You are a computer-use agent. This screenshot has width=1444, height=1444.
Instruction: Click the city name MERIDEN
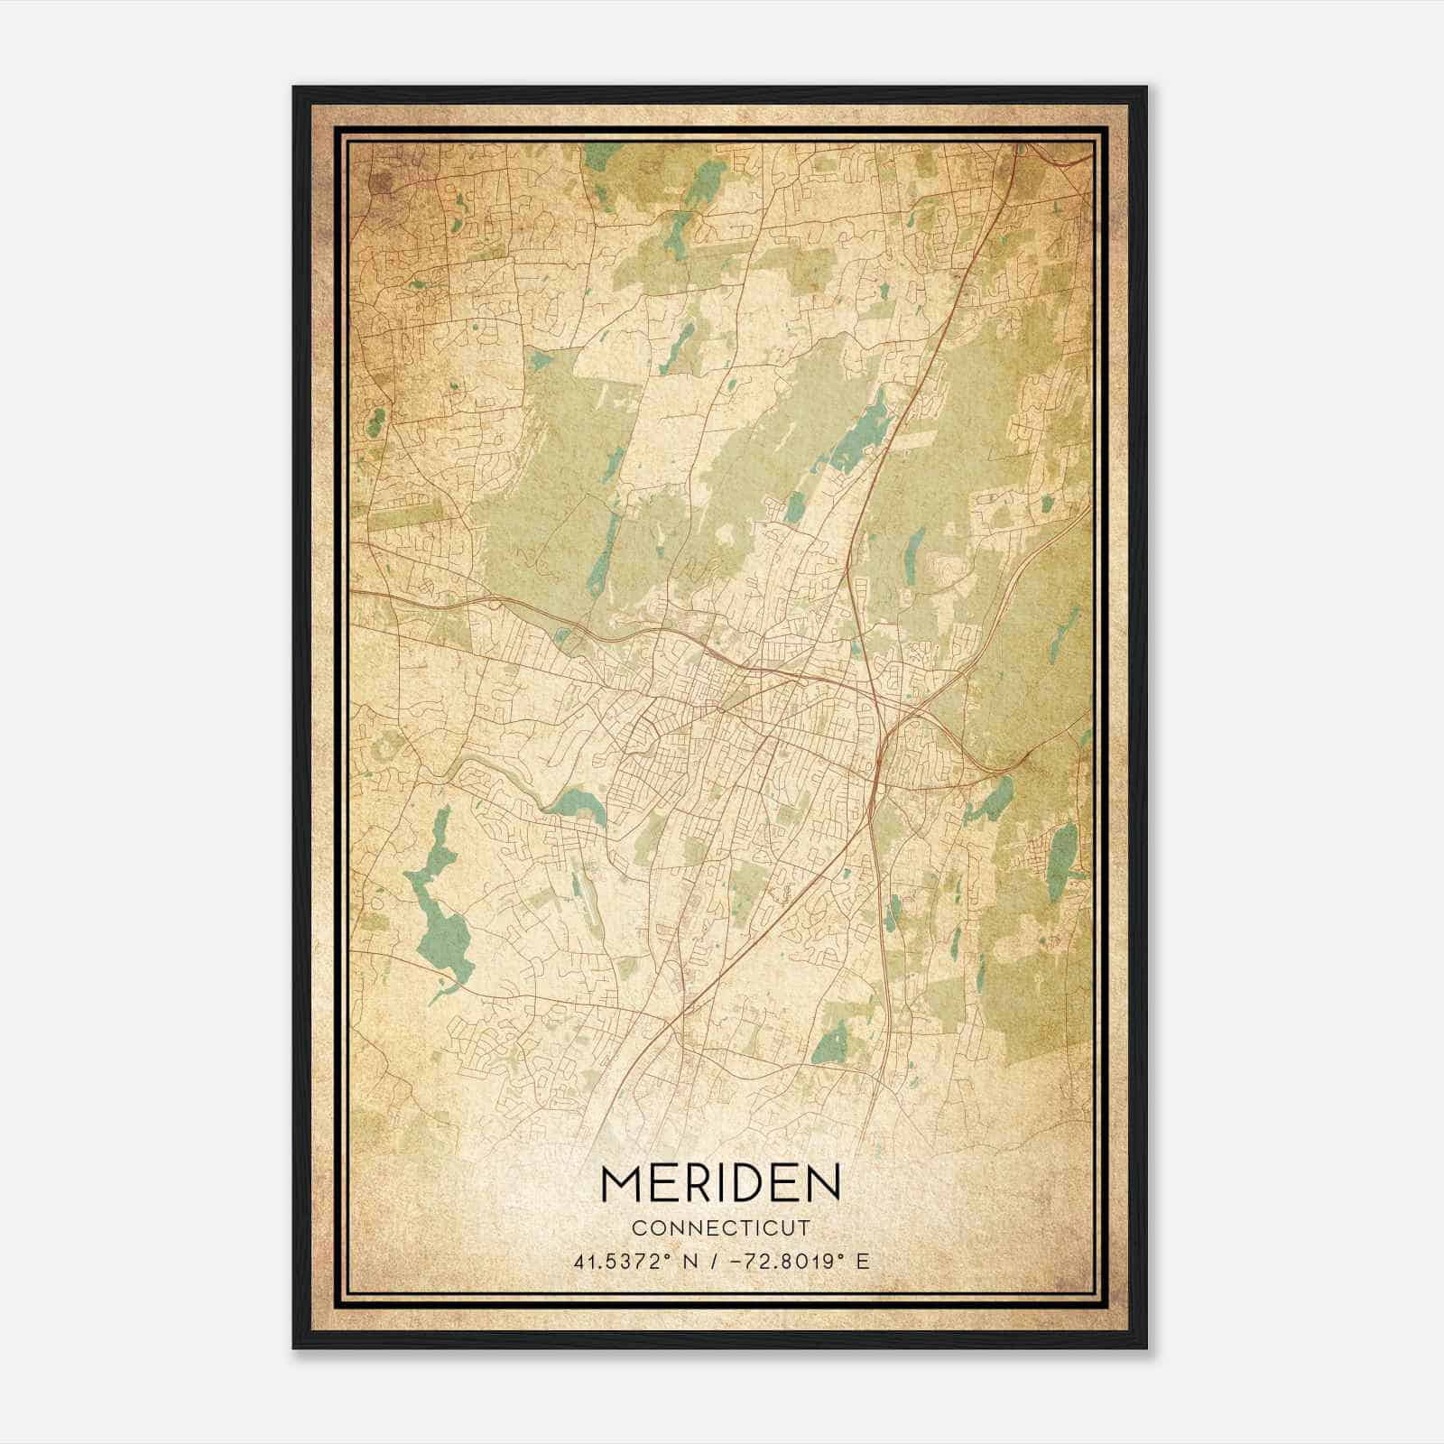point(720,1182)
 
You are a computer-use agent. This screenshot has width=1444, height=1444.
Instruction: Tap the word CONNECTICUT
point(720,1228)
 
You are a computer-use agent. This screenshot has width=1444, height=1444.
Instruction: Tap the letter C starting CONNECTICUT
point(638,1228)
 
